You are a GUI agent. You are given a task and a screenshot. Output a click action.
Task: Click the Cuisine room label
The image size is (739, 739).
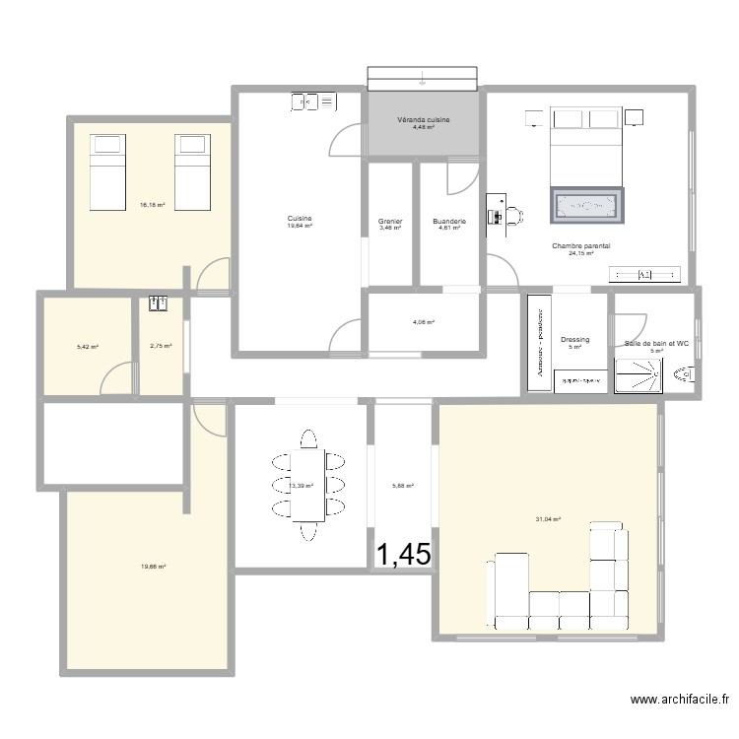click(300, 218)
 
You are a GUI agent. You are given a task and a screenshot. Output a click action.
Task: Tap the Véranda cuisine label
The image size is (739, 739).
click(424, 119)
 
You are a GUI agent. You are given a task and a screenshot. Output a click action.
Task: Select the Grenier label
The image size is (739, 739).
click(390, 222)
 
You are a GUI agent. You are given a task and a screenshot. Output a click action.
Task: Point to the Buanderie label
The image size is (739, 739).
click(448, 222)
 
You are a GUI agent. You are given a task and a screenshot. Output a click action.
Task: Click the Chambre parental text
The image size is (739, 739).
click(581, 246)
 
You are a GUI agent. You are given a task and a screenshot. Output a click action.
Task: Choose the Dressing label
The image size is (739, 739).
click(575, 340)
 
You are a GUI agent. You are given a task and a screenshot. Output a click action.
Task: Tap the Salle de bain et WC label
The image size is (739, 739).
click(657, 344)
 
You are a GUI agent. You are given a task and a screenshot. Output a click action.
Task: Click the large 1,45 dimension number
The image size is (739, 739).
click(403, 555)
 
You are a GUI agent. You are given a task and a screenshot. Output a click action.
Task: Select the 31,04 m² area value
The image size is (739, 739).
click(548, 519)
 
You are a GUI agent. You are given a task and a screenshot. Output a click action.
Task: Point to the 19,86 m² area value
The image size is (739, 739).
click(153, 567)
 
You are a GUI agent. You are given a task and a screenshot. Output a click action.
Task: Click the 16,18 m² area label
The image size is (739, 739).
click(153, 205)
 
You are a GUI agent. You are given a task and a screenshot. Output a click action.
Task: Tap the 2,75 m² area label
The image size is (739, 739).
click(161, 346)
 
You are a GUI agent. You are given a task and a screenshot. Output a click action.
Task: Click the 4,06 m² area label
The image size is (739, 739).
click(424, 322)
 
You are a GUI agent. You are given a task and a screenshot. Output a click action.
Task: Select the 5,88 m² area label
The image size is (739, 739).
click(403, 485)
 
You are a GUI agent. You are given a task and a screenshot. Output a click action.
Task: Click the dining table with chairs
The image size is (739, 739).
click(307, 484)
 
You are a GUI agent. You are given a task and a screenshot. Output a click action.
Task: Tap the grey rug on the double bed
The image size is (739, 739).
click(587, 205)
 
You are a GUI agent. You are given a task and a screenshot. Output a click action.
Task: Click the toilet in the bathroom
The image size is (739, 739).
click(684, 374)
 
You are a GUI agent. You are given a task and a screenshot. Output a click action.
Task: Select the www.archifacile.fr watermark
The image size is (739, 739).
click(680, 701)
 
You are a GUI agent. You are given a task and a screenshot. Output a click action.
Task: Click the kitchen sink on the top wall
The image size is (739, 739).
click(313, 101)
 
